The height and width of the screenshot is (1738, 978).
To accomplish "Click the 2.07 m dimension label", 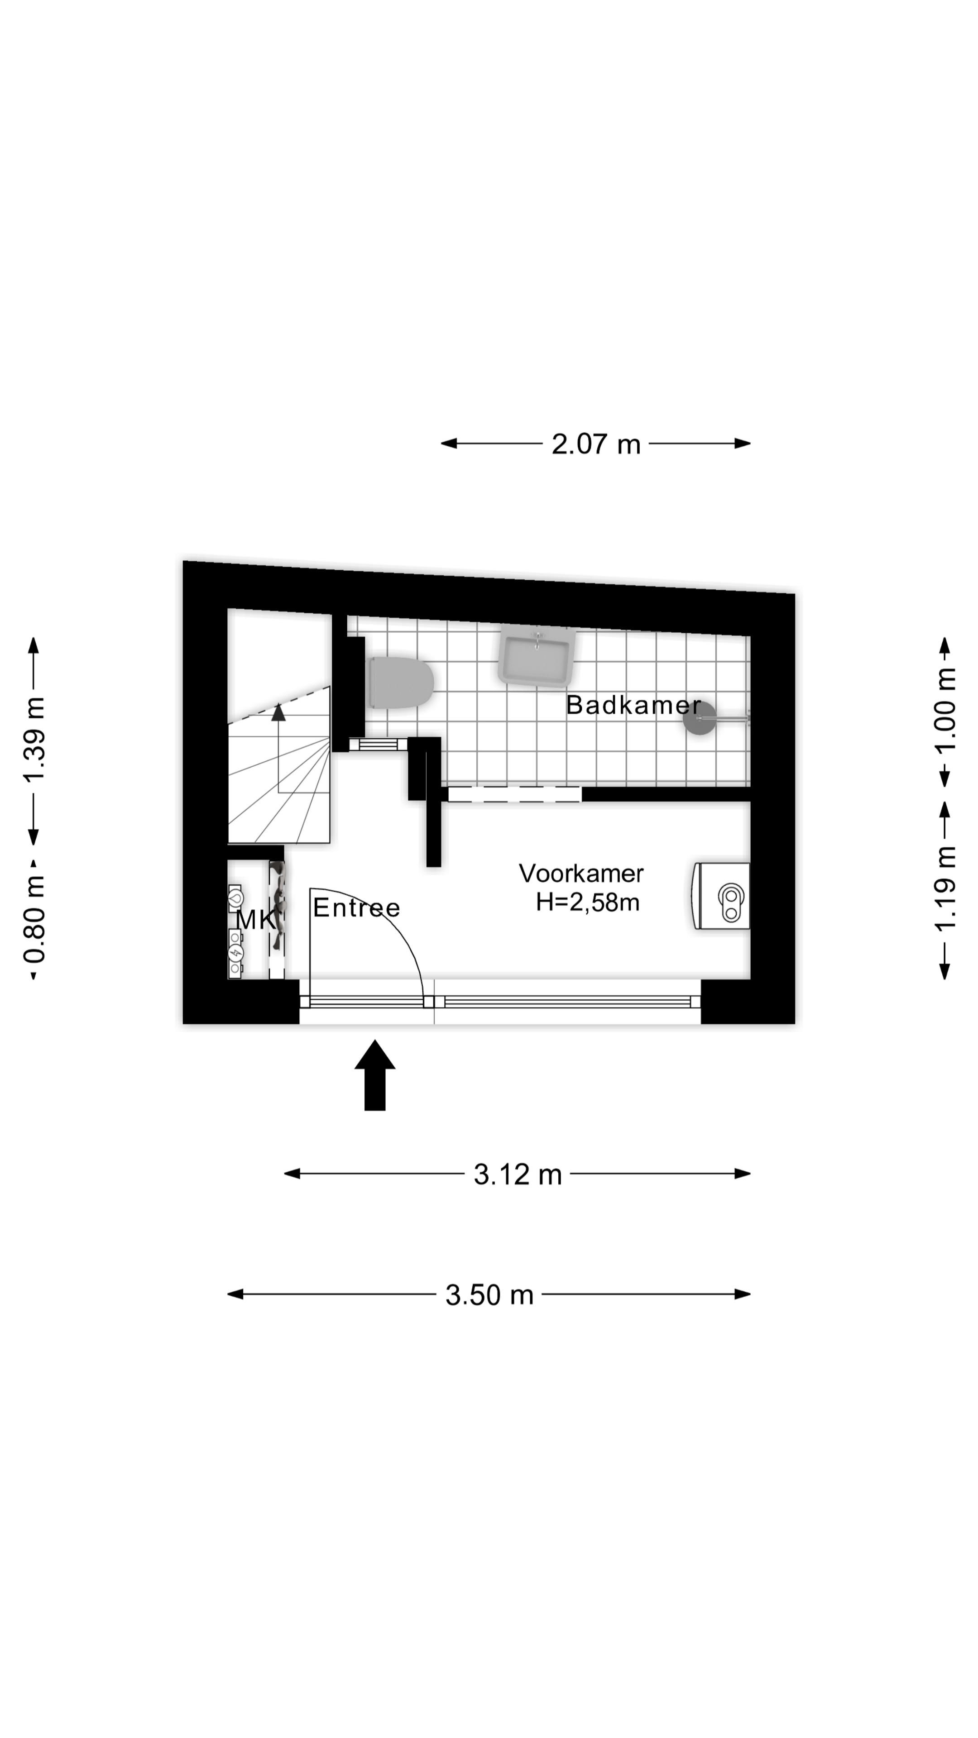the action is click(595, 444).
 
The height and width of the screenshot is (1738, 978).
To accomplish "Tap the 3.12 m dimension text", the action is click(518, 1175).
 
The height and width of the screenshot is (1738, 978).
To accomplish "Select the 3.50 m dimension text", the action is click(489, 1295).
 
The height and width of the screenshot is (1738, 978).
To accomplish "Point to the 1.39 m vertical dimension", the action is click(34, 740).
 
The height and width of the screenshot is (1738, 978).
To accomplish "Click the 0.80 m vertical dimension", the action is click(34, 919).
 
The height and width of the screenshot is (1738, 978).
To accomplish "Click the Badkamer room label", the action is click(633, 705).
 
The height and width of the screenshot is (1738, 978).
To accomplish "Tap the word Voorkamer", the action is click(581, 873).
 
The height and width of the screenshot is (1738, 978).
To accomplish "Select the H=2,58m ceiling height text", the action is click(587, 902).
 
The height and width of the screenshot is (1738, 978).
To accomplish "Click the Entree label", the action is click(356, 907).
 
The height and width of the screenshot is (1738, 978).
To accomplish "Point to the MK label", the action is click(255, 920).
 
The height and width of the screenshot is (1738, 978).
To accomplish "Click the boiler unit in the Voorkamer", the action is click(722, 896).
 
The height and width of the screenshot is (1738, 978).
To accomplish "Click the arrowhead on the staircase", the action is click(278, 712).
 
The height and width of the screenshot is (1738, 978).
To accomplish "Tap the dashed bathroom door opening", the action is click(514, 794).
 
